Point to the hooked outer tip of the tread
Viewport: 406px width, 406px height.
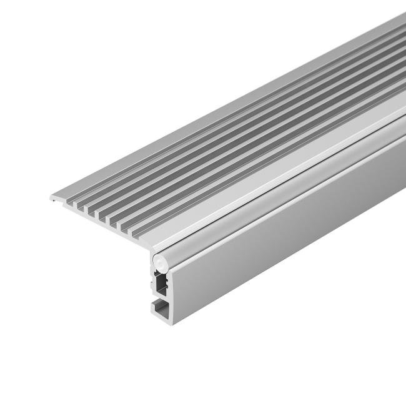tap(51, 198)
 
